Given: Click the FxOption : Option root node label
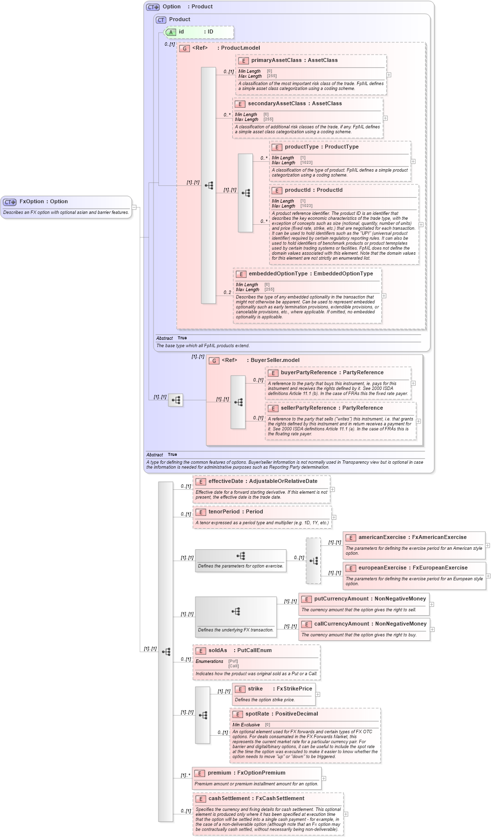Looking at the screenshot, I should pyautogui.click(x=43, y=202).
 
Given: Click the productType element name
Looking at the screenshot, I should pyautogui.click(x=301, y=147).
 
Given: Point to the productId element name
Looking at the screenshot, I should pyautogui.click(x=297, y=190).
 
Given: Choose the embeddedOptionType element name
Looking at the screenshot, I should pyautogui.click(x=278, y=274).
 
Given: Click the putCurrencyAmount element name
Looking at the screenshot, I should pyautogui.click(x=341, y=599).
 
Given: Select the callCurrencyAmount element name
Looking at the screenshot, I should pyautogui.click(x=341, y=624).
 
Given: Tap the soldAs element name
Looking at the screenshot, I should pyautogui.click(x=217, y=651).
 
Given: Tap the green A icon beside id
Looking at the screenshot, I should pyautogui.click(x=171, y=32).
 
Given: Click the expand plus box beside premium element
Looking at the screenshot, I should pyautogui.click(x=324, y=778).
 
